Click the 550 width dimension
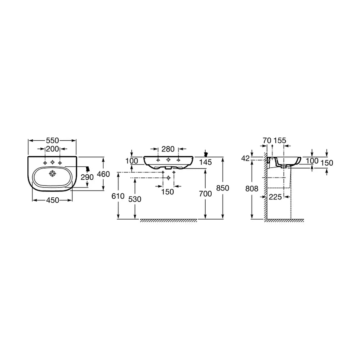point(52,140)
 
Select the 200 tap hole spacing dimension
point(52,149)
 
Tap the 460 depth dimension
point(103,174)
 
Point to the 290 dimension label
point(87,177)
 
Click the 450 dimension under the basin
point(53,200)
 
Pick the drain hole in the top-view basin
point(53,174)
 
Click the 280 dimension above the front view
point(168,149)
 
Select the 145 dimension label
point(205,162)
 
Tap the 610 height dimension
point(118,196)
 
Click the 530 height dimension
point(135,199)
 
